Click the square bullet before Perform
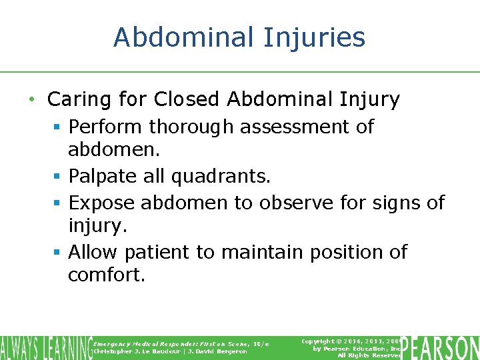tap(59, 127)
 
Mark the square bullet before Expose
tap(59, 203)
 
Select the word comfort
tap(106, 275)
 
